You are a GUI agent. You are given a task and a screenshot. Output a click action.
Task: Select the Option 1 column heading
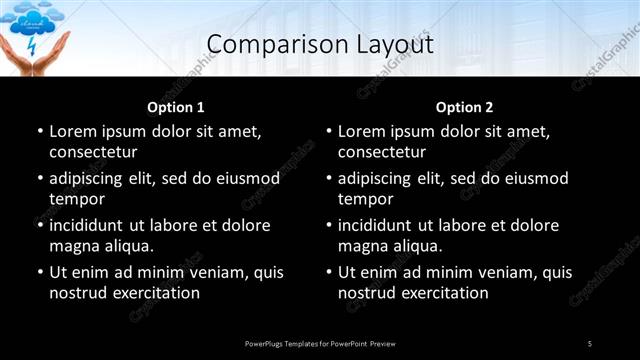coord(176,107)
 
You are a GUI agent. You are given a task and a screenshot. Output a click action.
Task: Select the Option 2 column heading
coord(465,107)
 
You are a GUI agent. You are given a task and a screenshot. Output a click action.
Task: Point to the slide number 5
coord(590,344)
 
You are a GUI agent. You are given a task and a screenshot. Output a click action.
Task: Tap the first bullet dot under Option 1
coord(40,131)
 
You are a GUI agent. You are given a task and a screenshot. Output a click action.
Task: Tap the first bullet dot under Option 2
coord(329,131)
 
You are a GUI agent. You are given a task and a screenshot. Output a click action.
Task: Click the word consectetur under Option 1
coord(93,152)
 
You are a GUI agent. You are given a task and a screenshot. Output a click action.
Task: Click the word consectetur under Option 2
coord(382,152)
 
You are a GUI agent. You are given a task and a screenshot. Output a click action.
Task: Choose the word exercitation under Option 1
coord(156,293)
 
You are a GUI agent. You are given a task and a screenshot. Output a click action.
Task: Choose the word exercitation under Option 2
coord(445,293)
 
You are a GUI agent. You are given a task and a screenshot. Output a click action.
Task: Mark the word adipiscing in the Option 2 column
coord(381,178)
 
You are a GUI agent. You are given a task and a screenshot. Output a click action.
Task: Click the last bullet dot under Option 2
coord(329,272)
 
